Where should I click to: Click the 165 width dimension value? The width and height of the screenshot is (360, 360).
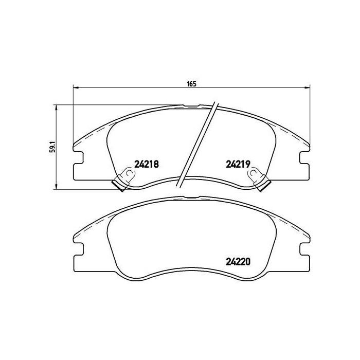(192, 83)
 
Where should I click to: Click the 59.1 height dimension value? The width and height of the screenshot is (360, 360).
(50, 147)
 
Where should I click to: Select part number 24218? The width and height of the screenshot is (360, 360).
(146, 165)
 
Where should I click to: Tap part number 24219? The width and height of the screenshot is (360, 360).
(238, 165)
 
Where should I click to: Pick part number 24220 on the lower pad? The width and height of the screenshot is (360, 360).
(238, 260)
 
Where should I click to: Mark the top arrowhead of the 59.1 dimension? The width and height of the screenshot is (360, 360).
(56, 107)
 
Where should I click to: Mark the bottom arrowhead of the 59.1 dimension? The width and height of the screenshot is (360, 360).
(56, 187)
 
